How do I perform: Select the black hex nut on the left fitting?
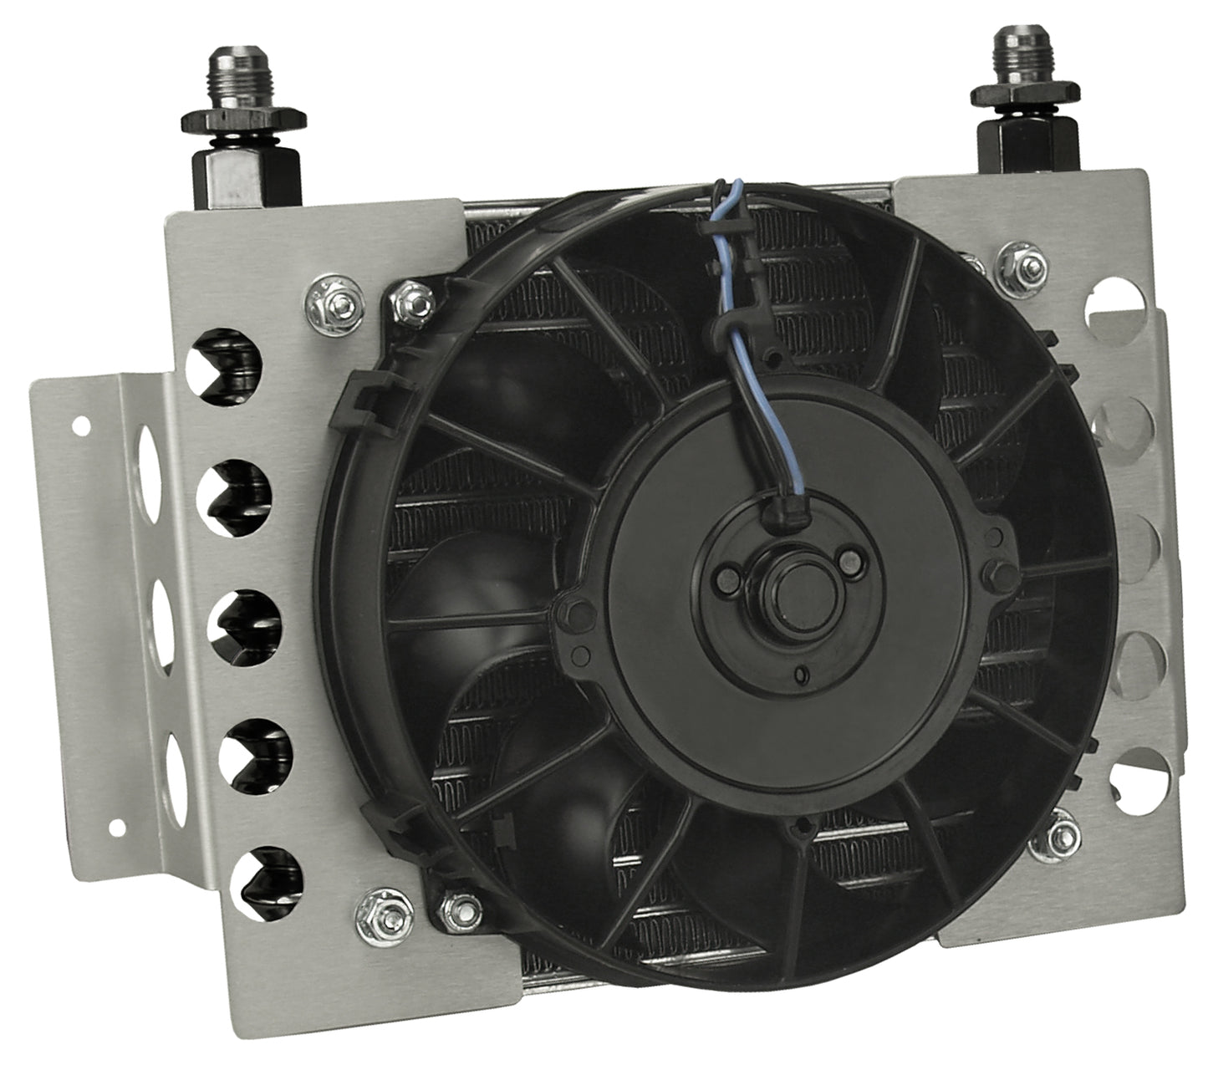point(230,126)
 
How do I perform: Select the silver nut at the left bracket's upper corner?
point(324,294)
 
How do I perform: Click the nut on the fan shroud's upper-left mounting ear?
point(410,298)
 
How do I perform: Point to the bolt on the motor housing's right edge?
point(996,571)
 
